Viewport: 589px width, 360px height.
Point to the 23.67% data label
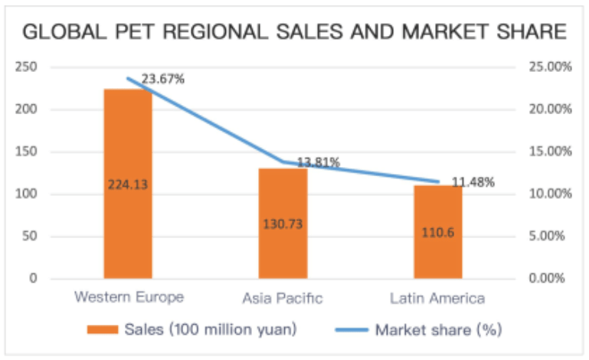[x=162, y=78]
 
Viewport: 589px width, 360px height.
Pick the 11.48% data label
[x=473, y=182]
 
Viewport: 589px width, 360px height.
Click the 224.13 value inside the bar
[x=128, y=184]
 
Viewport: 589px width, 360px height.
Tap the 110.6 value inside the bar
[x=437, y=232]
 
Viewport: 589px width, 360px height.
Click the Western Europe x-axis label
[x=129, y=296]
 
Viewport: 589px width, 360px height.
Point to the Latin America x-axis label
[x=437, y=297]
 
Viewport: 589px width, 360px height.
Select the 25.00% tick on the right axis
[x=550, y=67]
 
